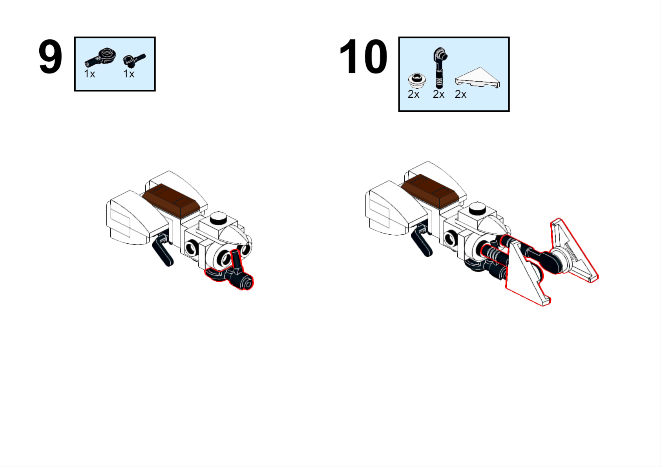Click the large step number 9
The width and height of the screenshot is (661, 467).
[50, 57]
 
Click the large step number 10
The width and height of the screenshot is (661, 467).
[363, 57]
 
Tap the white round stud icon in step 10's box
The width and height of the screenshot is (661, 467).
[417, 80]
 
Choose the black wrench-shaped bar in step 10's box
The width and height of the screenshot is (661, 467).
[440, 67]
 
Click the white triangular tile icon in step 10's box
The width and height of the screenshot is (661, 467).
[478, 78]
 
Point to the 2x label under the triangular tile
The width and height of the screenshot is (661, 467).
[461, 95]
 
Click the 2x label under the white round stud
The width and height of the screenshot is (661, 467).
[413, 95]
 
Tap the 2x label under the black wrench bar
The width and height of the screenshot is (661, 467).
[438, 95]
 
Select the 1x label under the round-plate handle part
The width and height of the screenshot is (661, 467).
[90, 74]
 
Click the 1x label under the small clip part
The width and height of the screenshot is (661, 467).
[129, 74]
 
